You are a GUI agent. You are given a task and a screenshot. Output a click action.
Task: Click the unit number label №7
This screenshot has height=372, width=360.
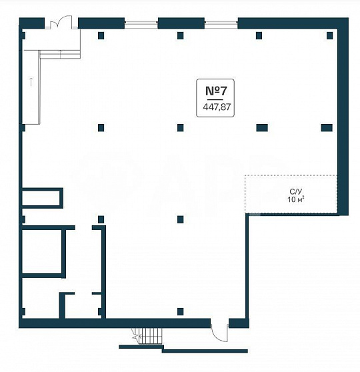[x=216, y=91]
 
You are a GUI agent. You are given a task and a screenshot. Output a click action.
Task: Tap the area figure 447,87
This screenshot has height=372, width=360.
[x=217, y=107]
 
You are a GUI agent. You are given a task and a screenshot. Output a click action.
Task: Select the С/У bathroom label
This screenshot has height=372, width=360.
[x=296, y=191]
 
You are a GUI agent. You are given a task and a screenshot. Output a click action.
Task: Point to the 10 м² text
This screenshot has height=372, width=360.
[x=296, y=199]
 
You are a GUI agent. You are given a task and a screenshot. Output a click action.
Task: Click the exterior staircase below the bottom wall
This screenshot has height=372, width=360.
[x=147, y=337]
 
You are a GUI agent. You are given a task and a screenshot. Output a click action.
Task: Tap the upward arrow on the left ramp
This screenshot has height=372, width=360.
[x=31, y=81]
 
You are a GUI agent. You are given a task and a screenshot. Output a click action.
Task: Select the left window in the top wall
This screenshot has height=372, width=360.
[x=141, y=23]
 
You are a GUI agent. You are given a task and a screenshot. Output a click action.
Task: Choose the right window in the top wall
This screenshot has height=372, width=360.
[x=221, y=23]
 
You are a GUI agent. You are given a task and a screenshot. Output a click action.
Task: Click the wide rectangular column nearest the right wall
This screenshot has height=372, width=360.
[x=327, y=127]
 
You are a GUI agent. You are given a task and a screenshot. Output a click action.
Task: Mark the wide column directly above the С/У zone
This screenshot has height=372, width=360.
[x=262, y=127]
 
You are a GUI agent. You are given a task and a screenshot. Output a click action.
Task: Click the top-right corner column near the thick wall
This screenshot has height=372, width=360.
[x=329, y=35]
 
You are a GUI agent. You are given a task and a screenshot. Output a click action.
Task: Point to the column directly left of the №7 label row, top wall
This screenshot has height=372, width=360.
[x=181, y=35]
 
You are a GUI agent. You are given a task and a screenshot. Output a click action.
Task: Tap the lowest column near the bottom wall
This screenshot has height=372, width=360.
[x=181, y=311]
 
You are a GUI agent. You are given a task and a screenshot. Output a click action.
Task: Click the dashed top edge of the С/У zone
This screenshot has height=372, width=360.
[x=291, y=175]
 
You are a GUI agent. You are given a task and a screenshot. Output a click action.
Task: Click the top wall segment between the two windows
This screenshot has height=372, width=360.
[x=181, y=23]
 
